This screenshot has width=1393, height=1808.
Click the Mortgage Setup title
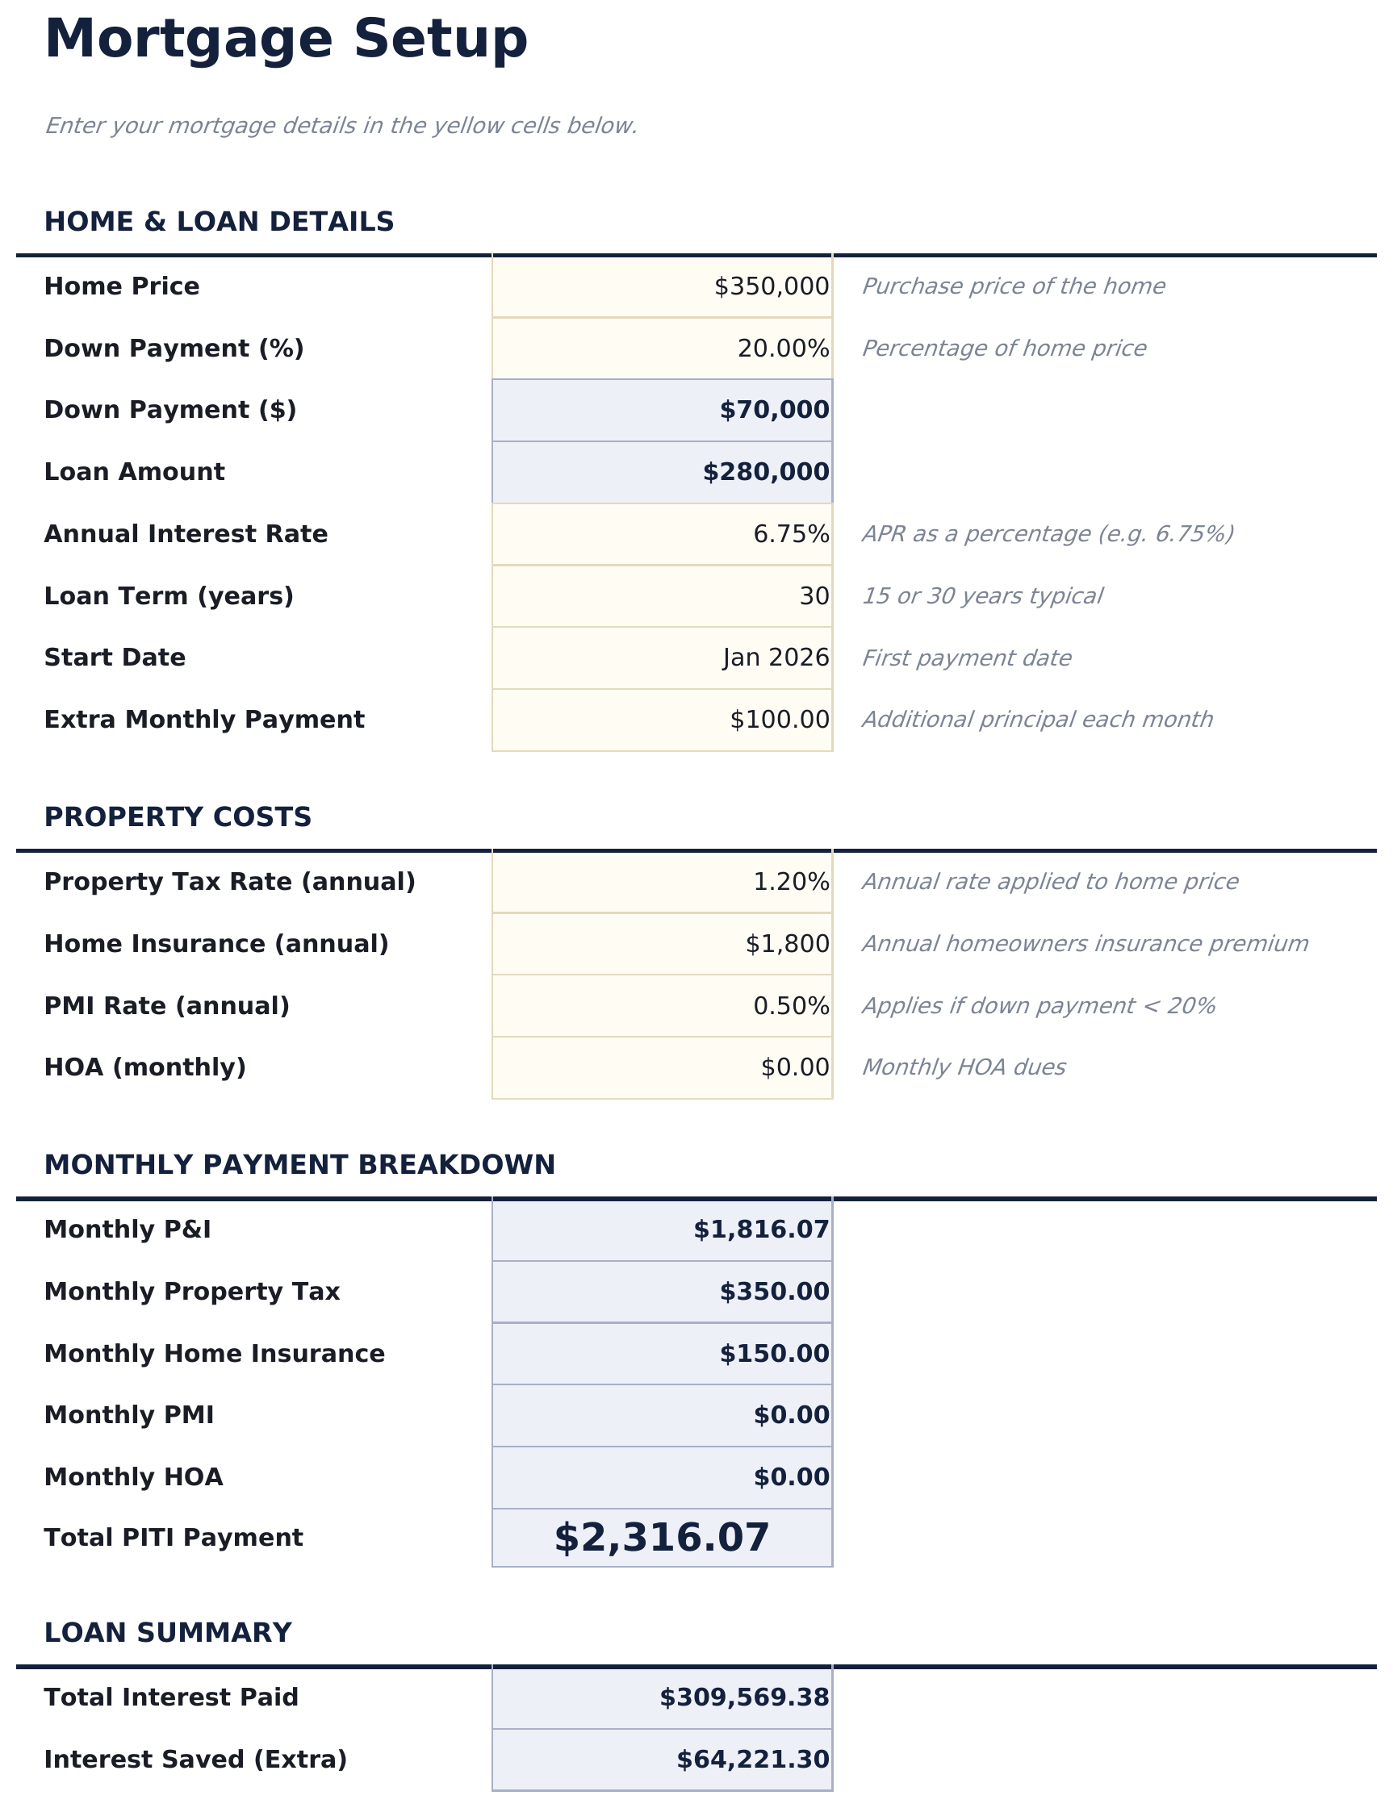285,40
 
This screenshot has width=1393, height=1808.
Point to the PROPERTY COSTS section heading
178,817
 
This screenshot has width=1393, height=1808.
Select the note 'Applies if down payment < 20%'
1038,1006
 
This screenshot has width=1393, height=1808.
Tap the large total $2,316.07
661,1537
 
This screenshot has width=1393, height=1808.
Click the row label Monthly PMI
128,1415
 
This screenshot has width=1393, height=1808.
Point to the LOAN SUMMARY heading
167,1632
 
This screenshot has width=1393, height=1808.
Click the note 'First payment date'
966,658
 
